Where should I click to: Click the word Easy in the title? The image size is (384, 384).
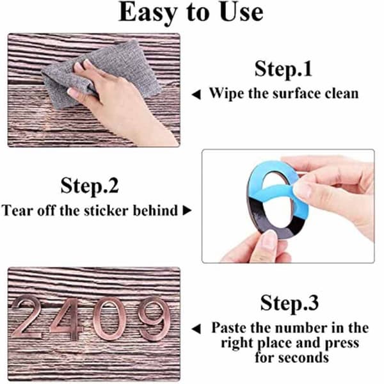coord(148,13)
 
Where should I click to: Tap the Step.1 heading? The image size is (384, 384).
coord(284,69)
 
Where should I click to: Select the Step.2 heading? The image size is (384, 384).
coord(90,186)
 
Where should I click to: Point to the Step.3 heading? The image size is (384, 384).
coord(289,303)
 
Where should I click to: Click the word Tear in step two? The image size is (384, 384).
coord(17,211)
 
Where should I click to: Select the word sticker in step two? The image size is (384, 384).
coord(106,211)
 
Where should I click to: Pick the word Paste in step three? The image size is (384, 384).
coord(229,328)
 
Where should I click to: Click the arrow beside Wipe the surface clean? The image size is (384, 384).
coord(196,95)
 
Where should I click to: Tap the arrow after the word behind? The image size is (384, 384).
coord(187,211)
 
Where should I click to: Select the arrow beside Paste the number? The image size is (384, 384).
coord(196,329)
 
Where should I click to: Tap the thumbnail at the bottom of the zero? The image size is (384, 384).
coord(269,239)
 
